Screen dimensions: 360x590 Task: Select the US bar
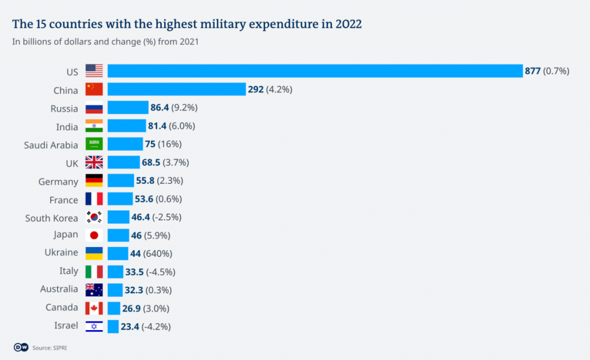315,71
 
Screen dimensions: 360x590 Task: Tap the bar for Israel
113,327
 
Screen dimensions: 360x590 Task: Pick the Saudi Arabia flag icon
94,145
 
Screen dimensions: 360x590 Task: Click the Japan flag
94,235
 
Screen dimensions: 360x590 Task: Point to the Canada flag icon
94,308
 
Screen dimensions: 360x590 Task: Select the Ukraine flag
94,253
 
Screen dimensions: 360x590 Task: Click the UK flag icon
94,163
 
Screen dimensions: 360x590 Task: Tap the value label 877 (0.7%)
546,71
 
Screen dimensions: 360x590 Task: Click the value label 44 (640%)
152,253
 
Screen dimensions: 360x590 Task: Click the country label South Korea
51,218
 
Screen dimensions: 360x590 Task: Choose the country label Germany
58,181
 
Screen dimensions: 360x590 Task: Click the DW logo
21,347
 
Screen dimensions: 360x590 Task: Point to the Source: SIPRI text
50,347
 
